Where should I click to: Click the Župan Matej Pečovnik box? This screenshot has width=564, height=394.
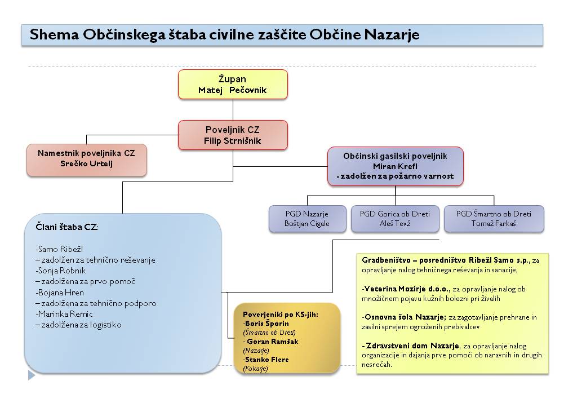pos(233,84)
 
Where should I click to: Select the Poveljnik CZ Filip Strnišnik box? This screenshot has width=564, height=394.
pos(233,135)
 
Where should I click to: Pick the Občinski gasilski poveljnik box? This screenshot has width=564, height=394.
pos(395,166)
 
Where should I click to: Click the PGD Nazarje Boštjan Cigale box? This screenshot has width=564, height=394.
pos(307,219)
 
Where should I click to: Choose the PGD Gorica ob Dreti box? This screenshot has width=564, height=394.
pos(394,219)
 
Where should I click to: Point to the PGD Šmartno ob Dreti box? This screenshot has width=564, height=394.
pos(494,219)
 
